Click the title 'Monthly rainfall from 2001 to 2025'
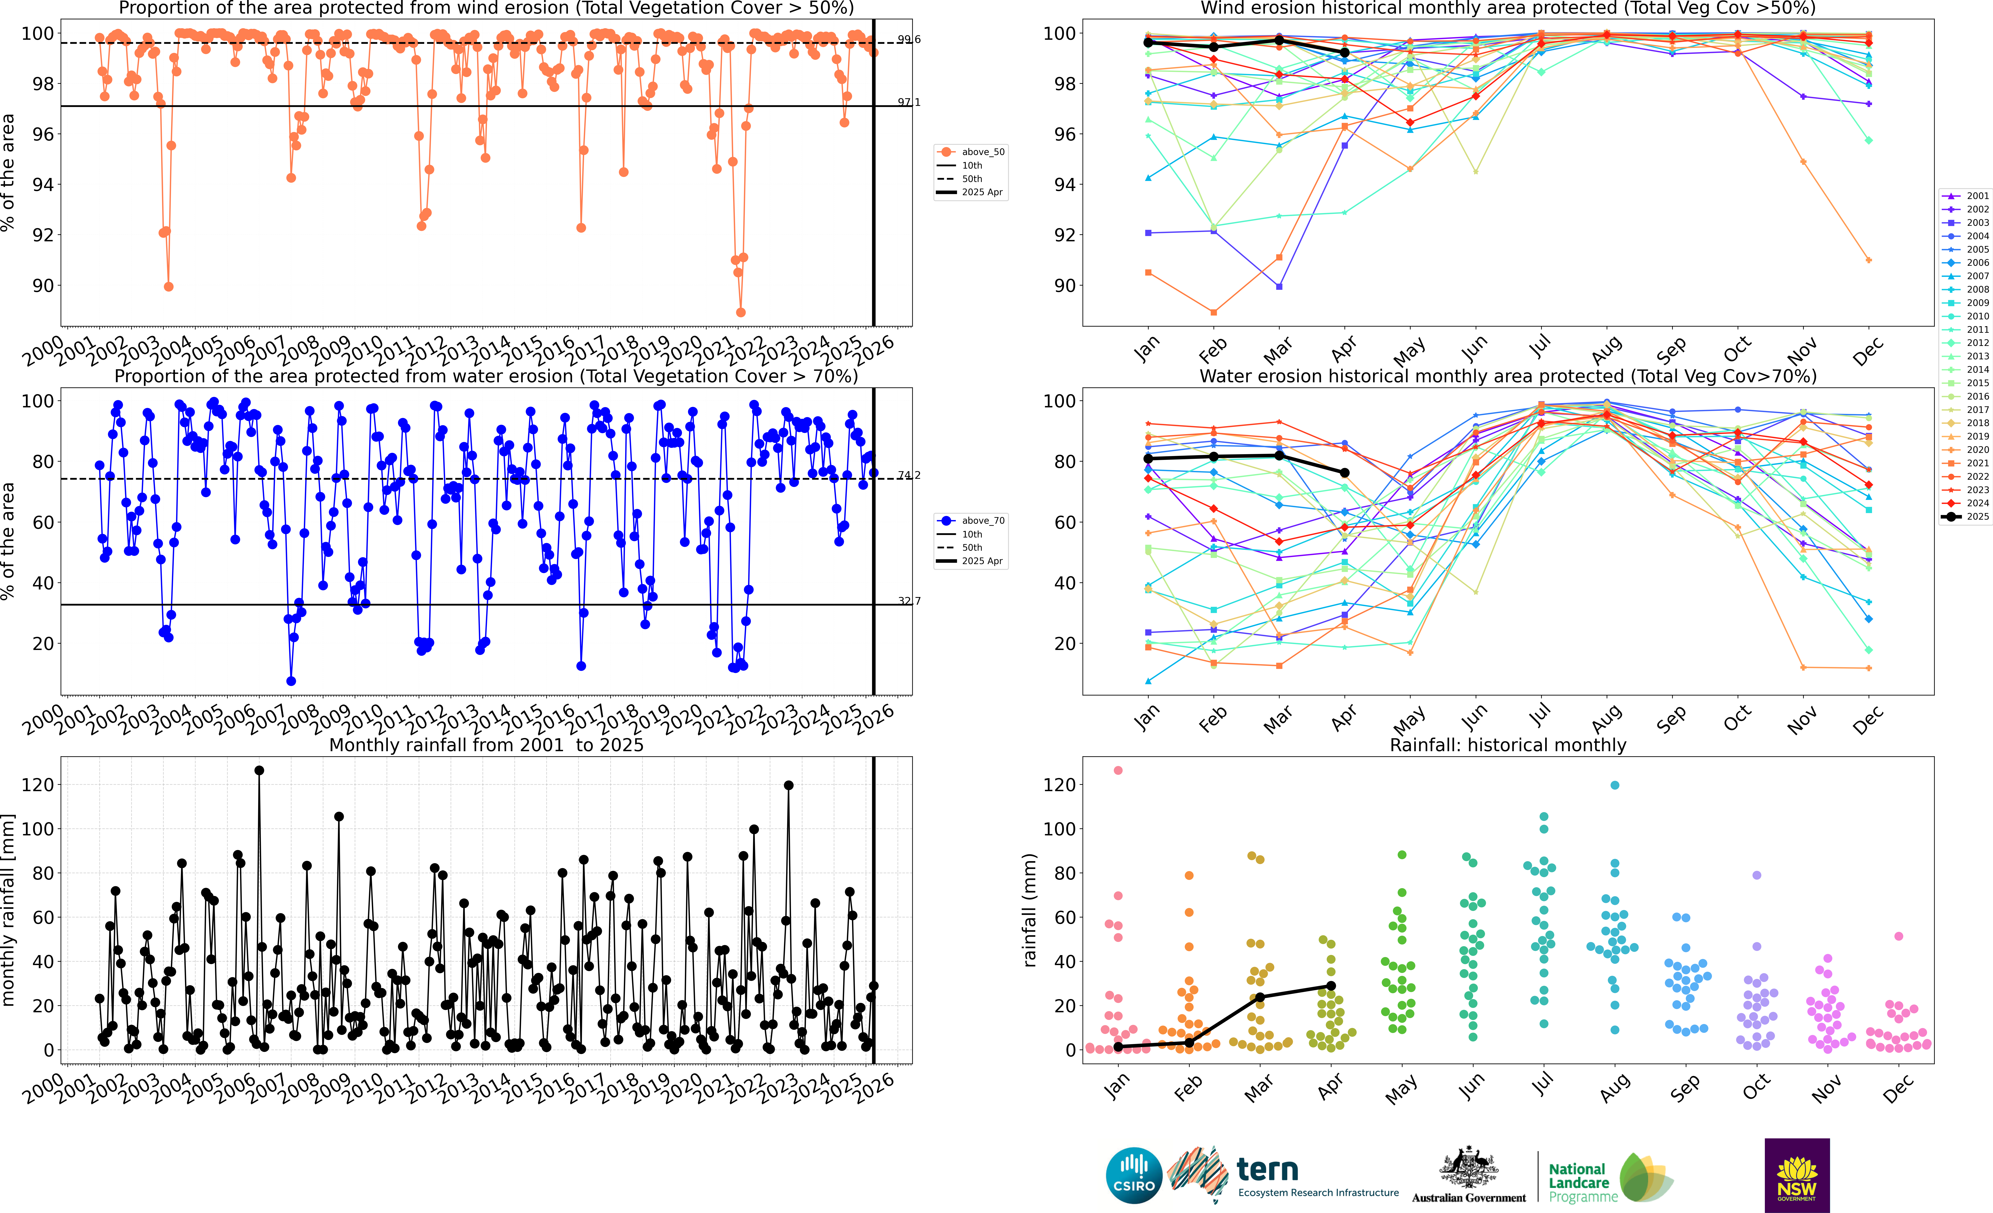tap(486, 745)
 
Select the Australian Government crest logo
tap(1468, 1169)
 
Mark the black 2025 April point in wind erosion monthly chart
tap(1344, 53)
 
